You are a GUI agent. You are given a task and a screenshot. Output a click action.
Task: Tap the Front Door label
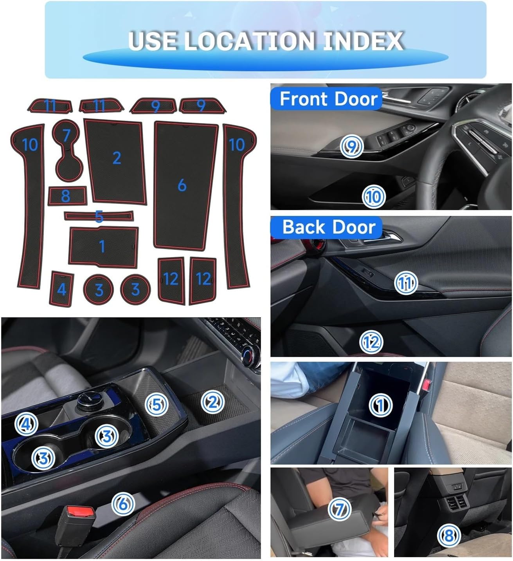coord(328,99)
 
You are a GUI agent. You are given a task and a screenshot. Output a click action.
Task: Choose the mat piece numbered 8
coord(67,195)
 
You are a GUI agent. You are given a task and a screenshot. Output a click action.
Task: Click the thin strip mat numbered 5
coord(99,215)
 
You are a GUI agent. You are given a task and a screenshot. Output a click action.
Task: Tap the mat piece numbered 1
coord(103,246)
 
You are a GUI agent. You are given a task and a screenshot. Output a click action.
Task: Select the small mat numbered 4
coord(61,289)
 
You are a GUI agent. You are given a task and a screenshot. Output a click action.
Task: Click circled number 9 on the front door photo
coord(352,147)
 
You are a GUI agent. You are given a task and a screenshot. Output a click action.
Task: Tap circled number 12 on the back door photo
coord(371,342)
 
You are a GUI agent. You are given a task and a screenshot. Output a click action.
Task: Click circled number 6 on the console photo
coord(123,503)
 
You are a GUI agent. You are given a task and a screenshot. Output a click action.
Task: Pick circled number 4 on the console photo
coord(27,424)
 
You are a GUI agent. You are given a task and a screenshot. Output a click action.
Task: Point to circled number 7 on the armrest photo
coord(339,509)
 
